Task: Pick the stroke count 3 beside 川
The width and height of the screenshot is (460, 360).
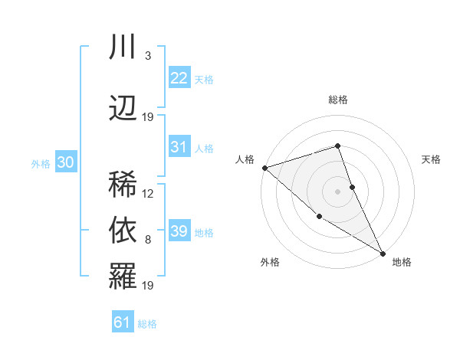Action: click(148, 56)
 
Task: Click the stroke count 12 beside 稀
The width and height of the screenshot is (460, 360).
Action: click(148, 194)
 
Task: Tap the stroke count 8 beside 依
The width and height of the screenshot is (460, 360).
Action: click(148, 240)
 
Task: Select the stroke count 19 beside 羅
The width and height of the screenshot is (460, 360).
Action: click(148, 286)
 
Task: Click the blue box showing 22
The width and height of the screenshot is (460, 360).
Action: click(179, 78)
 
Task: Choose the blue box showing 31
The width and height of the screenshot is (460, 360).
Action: click(179, 147)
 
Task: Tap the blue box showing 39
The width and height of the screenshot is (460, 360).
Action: click(179, 231)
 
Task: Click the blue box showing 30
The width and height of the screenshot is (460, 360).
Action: click(65, 162)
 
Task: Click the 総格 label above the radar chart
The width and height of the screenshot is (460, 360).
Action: click(338, 100)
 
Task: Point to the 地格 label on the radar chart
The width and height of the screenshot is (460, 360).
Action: click(402, 262)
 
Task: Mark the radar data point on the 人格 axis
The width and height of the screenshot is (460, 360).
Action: click(264, 167)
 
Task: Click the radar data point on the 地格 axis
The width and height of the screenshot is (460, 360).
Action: click(383, 252)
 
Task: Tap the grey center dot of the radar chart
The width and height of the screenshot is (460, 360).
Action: click(337, 191)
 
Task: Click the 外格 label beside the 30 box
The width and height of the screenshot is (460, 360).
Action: click(41, 163)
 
